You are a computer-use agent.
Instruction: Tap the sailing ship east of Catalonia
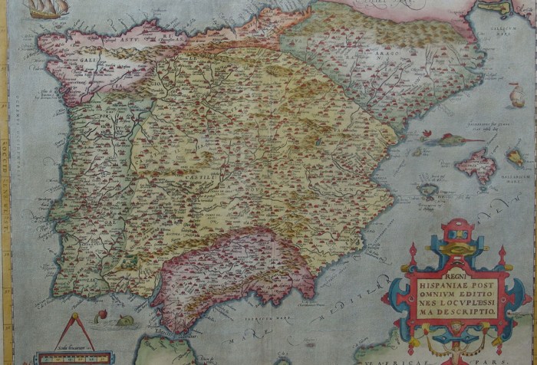pos(517,95)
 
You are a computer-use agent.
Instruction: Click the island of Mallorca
pos(477,166)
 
